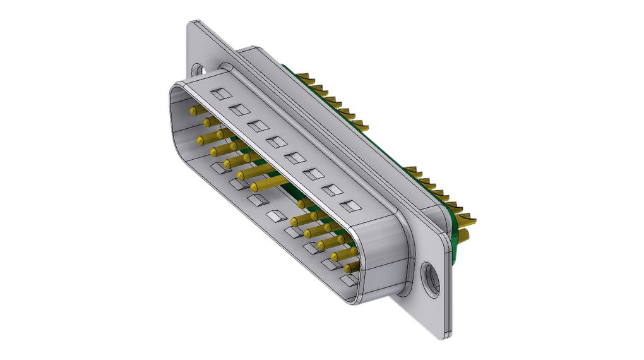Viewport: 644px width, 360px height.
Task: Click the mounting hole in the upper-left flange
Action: pos(199,68)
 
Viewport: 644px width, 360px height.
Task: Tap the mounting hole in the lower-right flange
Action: pos(432,278)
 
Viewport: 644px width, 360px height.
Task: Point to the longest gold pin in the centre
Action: pos(270,183)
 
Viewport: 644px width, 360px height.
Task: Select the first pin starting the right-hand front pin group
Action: pos(302,203)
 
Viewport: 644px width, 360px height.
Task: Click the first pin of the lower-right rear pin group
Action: pos(410,170)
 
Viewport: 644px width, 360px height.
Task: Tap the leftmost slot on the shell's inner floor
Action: pos(218,167)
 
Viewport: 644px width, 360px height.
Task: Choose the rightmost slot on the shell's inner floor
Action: pos(349,278)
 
